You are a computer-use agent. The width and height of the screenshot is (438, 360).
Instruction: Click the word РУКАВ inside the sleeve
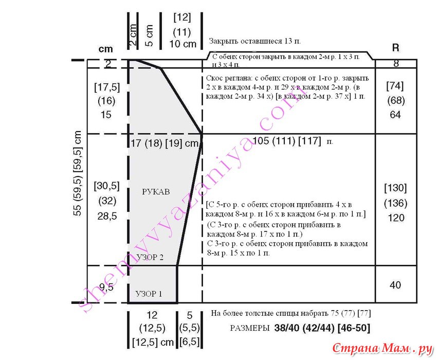tap(156, 192)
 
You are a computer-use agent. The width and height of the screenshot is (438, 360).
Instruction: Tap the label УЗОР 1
tap(149, 294)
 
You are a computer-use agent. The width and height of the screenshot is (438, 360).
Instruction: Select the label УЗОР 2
tap(150, 257)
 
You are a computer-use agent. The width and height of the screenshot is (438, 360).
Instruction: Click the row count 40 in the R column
tap(395, 285)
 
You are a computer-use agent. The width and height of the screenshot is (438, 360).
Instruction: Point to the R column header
tap(395, 48)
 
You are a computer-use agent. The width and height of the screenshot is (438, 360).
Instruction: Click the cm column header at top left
tap(105, 49)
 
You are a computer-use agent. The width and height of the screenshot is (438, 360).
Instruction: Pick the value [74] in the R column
tap(395, 86)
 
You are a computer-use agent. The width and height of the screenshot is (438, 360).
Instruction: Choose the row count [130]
tap(395, 188)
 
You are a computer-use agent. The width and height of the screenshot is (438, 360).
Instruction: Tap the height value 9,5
tap(106, 287)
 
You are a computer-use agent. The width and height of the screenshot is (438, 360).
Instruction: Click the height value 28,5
tap(107, 216)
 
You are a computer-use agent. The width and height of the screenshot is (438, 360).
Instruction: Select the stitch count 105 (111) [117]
tap(287, 140)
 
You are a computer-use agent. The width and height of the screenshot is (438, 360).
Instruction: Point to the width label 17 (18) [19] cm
tap(165, 143)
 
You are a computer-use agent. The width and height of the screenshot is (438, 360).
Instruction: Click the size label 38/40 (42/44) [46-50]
tap(322, 328)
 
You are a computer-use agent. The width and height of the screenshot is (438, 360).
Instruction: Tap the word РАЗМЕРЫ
tap(250, 328)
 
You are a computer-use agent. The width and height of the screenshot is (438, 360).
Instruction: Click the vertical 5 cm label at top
tap(149, 35)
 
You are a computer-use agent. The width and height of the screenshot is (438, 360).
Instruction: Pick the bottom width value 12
tap(152, 315)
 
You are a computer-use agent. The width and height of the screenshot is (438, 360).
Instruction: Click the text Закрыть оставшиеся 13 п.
tap(255, 41)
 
